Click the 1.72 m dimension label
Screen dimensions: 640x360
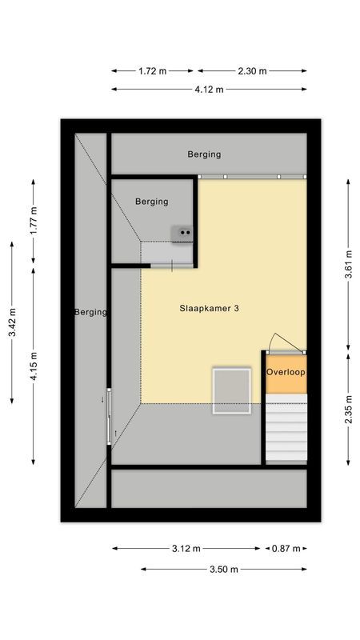152,71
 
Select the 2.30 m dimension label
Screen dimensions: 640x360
252,71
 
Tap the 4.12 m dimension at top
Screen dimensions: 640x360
209,89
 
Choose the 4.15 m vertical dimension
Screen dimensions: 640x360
33,365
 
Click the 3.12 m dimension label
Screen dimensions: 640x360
186,549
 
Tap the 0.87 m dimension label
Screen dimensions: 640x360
286,549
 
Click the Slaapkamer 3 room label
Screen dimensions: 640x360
208,308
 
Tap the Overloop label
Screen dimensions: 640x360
286,373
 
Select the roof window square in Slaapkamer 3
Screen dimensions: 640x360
232,390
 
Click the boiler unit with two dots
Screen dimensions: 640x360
182,233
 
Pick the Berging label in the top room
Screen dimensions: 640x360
204,154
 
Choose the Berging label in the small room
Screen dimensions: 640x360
151,202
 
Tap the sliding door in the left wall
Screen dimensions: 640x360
109,416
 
